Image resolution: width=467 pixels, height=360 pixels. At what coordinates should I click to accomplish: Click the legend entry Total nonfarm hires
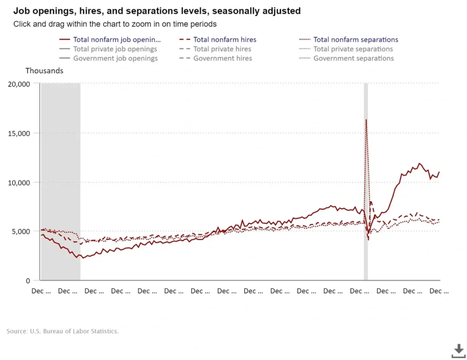point(224,40)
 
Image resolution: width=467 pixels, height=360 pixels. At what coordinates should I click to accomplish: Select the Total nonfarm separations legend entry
point(355,40)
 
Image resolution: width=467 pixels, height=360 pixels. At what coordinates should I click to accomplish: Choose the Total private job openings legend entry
point(115,49)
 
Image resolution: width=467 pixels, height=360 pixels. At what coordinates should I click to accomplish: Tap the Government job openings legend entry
point(115,58)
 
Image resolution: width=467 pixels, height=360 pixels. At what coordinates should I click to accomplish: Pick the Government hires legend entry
point(223,58)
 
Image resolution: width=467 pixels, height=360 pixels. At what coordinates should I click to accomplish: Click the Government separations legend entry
point(353,58)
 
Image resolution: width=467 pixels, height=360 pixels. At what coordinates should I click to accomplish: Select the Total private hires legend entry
point(222,49)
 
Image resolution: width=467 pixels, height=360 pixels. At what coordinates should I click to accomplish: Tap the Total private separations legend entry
point(353,49)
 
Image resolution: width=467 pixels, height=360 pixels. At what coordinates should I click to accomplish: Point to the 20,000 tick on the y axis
point(19,84)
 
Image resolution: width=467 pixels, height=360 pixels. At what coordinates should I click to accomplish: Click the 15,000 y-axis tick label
point(19,133)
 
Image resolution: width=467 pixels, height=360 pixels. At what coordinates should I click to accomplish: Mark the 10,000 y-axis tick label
point(19,182)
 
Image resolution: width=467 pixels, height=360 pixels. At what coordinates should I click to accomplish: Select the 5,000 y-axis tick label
point(21,231)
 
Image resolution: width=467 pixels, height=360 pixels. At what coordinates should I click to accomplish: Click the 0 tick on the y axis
point(27,281)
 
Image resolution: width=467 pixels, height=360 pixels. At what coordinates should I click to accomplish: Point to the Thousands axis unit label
point(44,71)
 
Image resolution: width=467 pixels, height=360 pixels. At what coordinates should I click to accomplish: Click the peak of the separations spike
point(366,120)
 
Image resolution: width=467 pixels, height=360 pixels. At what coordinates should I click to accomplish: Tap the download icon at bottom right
point(458,350)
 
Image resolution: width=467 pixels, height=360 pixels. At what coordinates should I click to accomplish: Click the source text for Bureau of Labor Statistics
point(62,331)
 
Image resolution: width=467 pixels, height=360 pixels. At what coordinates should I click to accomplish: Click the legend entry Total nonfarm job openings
point(117,40)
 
